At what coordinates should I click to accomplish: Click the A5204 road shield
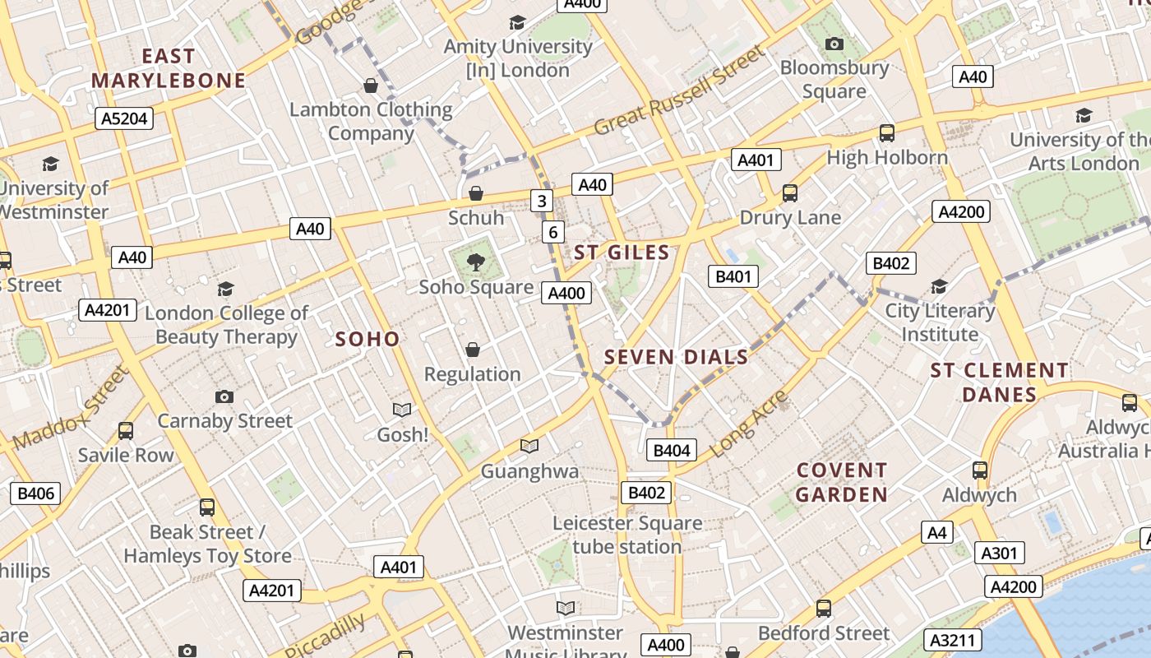pos(123,118)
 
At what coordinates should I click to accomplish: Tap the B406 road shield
pos(35,493)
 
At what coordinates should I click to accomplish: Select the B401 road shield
pos(733,276)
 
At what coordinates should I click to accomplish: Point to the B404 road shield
pos(672,450)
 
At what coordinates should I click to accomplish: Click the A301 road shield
pos(999,554)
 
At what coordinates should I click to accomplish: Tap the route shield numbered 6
pos(553,233)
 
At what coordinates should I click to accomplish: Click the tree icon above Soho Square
pos(475,262)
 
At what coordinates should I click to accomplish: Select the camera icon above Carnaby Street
pos(224,396)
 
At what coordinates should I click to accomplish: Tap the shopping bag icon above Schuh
pos(475,193)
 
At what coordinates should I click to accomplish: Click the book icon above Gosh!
pos(402,410)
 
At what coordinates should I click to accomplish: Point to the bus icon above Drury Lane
pos(789,193)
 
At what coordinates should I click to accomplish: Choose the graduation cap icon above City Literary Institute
pos(939,286)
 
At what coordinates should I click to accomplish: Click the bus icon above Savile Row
pos(126,430)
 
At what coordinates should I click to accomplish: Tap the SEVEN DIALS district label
pos(677,357)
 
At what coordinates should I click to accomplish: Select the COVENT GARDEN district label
pos(842,482)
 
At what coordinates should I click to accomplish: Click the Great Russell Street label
pos(678,91)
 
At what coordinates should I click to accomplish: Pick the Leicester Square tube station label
pos(627,535)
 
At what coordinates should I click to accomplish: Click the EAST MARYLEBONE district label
pos(169,68)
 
